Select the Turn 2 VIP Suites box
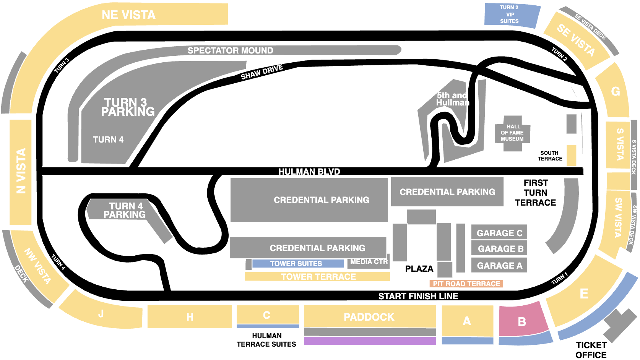[512, 15]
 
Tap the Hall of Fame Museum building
[512, 133]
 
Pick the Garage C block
[499, 233]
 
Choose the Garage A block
[499, 265]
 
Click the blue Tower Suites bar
[298, 264]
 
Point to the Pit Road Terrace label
[466, 284]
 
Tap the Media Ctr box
[369, 262]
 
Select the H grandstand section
[190, 316]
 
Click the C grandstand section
[268, 315]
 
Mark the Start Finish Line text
[418, 296]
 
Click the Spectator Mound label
[230, 50]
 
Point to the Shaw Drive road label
[262, 72]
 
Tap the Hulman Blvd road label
[309, 172]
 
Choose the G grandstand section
[613, 91]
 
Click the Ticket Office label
[591, 350]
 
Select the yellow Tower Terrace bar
[317, 276]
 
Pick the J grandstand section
[101, 311]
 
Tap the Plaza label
[419, 269]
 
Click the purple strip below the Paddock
[370, 341]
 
